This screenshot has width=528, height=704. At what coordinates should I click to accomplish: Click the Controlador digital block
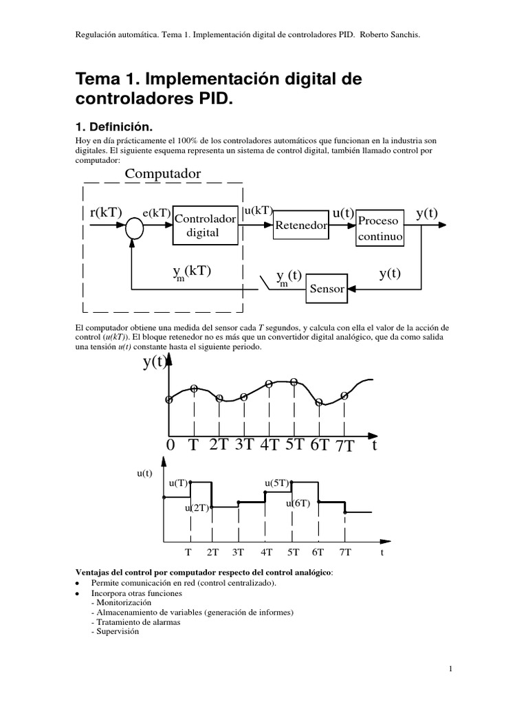206,224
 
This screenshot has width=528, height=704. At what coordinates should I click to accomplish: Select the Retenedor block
300,225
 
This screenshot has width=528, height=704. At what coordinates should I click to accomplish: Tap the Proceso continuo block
379,228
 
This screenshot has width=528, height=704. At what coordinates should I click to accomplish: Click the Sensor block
327,288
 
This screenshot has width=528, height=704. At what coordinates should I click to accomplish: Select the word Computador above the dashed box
163,174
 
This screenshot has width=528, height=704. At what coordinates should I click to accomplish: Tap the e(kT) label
157,213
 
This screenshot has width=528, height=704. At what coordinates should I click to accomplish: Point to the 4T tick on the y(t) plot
269,445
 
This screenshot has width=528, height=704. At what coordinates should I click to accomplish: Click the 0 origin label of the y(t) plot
170,445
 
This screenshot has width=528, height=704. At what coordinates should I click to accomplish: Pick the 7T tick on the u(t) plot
344,552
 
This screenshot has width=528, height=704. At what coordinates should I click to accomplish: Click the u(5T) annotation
277,483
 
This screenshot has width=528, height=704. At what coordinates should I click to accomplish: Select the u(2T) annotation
196,509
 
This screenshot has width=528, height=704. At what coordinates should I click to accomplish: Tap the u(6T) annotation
298,503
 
